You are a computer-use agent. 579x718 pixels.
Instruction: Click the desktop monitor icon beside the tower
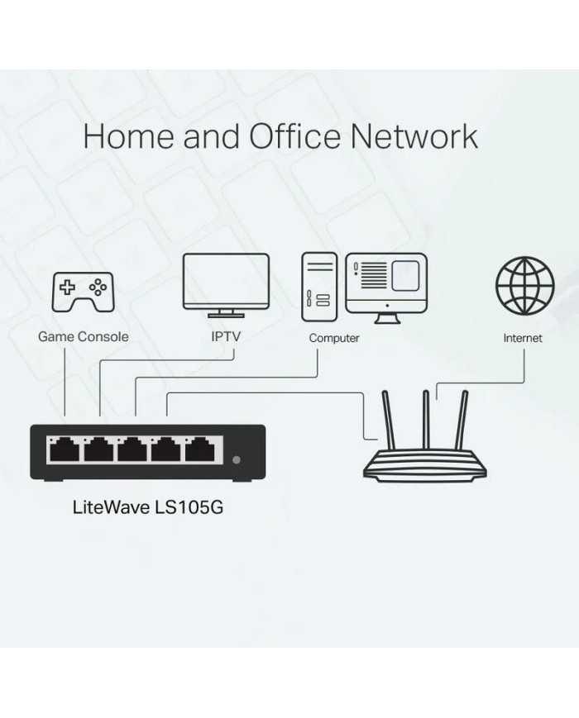(x=385, y=282)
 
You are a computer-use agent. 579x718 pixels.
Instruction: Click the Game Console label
(x=83, y=337)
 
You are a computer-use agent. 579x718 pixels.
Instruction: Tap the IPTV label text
(x=225, y=337)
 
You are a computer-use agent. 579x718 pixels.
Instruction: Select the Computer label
(x=334, y=338)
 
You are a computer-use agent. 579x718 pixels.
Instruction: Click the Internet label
(x=523, y=338)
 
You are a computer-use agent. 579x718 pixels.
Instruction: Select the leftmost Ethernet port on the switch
(x=64, y=450)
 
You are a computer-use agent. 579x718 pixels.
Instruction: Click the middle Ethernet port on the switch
(x=132, y=450)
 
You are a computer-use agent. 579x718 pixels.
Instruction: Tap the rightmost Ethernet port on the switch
(x=200, y=450)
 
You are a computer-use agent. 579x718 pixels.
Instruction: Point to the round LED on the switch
(x=237, y=459)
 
